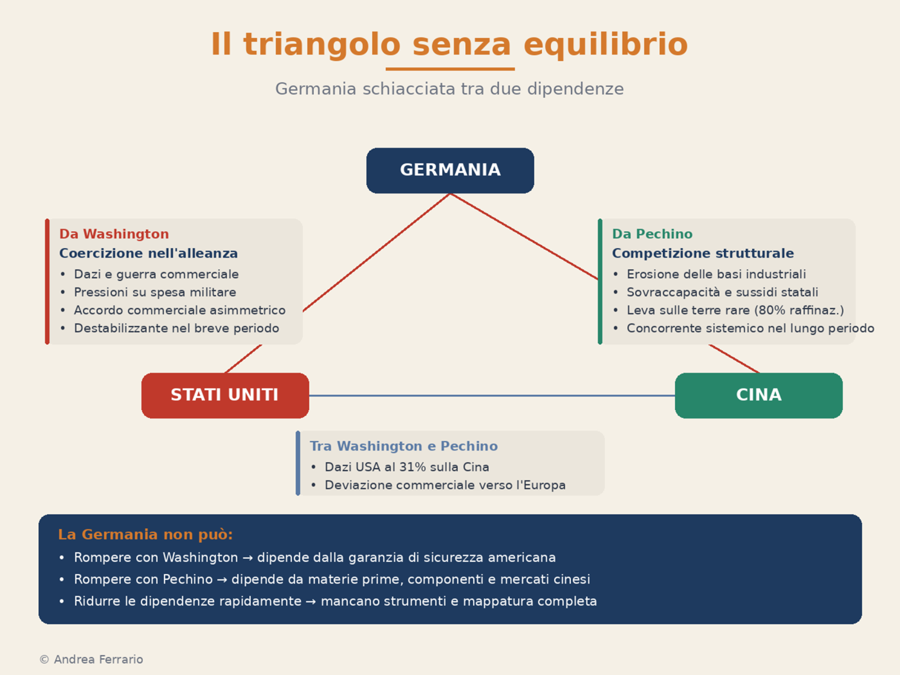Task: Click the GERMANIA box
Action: tap(450, 170)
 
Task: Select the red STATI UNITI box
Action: tap(225, 395)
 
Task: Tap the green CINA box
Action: tap(759, 395)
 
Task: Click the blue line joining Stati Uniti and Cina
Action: tap(492, 395)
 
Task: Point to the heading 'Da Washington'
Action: tap(114, 234)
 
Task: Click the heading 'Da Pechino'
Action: tap(652, 234)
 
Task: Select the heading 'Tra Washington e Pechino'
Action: tap(403, 446)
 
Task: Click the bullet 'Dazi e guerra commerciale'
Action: tap(156, 274)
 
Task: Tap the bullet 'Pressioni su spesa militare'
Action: tap(155, 292)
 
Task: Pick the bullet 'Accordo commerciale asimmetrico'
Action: tap(179, 310)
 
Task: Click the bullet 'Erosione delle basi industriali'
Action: tap(716, 274)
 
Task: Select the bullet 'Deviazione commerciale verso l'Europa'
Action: tap(445, 485)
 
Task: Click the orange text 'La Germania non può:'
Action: tap(146, 534)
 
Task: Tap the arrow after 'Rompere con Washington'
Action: tap(247, 558)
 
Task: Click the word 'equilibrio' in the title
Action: tap(606, 44)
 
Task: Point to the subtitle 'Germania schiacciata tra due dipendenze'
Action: tap(449, 89)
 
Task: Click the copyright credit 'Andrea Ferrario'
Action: tap(98, 659)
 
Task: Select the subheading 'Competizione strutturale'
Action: tap(703, 253)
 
